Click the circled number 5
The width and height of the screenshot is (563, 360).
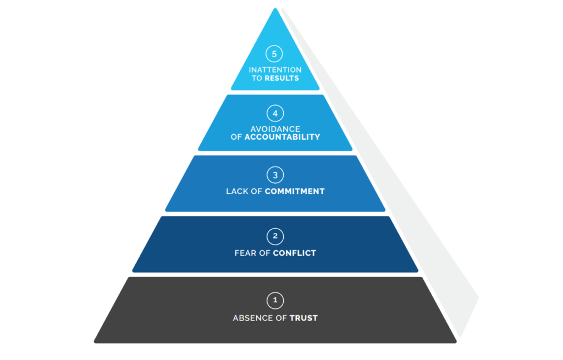[x=274, y=54]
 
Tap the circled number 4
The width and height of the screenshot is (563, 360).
[x=275, y=114]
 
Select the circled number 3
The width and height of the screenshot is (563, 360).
[x=275, y=175]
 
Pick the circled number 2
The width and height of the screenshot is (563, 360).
[x=275, y=237]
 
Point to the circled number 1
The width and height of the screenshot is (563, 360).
[x=275, y=301]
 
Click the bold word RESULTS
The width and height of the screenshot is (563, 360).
[x=281, y=78]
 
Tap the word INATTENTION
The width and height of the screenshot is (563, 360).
[x=275, y=70]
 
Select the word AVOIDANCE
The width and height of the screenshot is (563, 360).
[x=275, y=129]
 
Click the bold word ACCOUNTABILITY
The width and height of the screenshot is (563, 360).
[x=282, y=137]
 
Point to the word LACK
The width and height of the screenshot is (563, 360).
[x=237, y=192]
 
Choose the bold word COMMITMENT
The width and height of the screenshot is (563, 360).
[x=295, y=192]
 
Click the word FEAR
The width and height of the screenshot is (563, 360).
[x=245, y=253]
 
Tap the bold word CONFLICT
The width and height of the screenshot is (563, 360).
[x=295, y=253]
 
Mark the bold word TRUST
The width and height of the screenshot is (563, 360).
[x=304, y=318]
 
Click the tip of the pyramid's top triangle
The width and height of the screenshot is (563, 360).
[x=275, y=10]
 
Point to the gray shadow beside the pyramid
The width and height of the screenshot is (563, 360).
[x=418, y=220]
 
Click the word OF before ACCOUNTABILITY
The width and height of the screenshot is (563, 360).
[x=236, y=137]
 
